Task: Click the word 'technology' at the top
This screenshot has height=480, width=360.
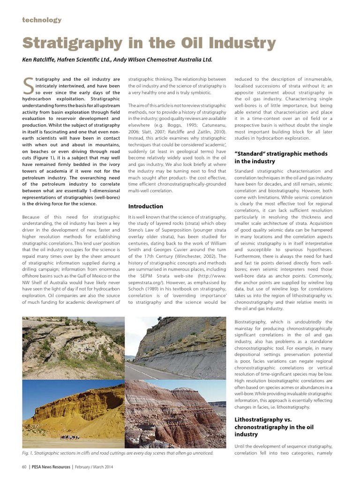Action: click(42, 20)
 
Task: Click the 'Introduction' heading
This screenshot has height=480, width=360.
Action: click(145, 206)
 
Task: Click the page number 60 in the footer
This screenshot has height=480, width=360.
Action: click(24, 467)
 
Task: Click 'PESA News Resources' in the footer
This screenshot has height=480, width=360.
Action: click(51, 467)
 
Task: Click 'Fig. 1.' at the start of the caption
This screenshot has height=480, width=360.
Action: click(30, 453)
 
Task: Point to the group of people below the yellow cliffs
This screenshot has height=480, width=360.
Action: click(71, 437)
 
